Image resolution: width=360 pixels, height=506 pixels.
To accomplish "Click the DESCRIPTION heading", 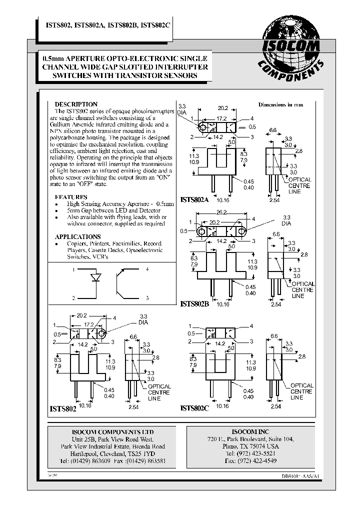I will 76,104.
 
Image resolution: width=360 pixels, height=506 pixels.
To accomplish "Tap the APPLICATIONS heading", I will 77,236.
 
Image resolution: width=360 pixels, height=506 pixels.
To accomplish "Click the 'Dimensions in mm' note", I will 280,105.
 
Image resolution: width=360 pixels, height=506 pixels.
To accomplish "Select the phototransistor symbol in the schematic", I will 120,283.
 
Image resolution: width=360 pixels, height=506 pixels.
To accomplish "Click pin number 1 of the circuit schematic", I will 74,269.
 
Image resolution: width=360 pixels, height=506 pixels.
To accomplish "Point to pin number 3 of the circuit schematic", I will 147,298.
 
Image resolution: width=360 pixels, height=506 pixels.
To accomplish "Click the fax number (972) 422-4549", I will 250,460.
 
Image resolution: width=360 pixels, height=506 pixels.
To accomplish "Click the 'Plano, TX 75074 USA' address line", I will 250,446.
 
